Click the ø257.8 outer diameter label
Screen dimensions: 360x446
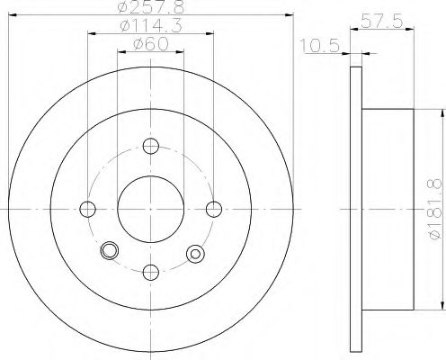[x=149, y=9]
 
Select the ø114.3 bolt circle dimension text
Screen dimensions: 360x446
[x=149, y=27]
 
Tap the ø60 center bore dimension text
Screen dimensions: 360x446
[x=149, y=45]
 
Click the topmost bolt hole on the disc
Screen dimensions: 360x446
[x=150, y=146]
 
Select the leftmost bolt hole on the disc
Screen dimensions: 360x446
[x=87, y=209]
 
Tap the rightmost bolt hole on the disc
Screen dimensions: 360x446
[x=213, y=209]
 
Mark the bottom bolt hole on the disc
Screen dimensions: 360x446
[x=150, y=272]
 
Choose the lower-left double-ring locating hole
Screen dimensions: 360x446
[x=111, y=251]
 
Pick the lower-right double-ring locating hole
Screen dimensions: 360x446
[x=193, y=253]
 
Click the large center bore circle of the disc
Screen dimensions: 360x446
[x=150, y=209]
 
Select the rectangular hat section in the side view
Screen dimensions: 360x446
[x=387, y=209]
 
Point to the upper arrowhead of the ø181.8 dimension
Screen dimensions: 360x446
[x=442, y=112]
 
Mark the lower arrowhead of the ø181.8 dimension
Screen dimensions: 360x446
[x=442, y=306]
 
